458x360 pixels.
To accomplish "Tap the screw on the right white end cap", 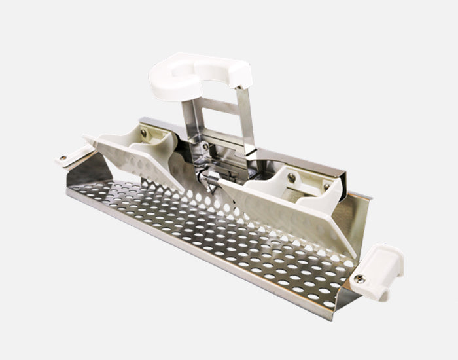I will tap(359, 279).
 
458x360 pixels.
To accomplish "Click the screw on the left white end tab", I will tap(63, 158).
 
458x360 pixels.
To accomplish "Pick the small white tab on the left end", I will tap(73, 154).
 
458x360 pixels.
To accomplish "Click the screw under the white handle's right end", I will tap(239, 86).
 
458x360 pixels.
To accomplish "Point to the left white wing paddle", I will tap(141, 157).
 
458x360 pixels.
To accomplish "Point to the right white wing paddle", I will tap(288, 209).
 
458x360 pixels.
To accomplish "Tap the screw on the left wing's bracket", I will tap(143, 133).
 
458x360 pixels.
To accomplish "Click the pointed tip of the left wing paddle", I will tap(86, 137).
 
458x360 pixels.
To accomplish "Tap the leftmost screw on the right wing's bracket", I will tap(292, 177).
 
